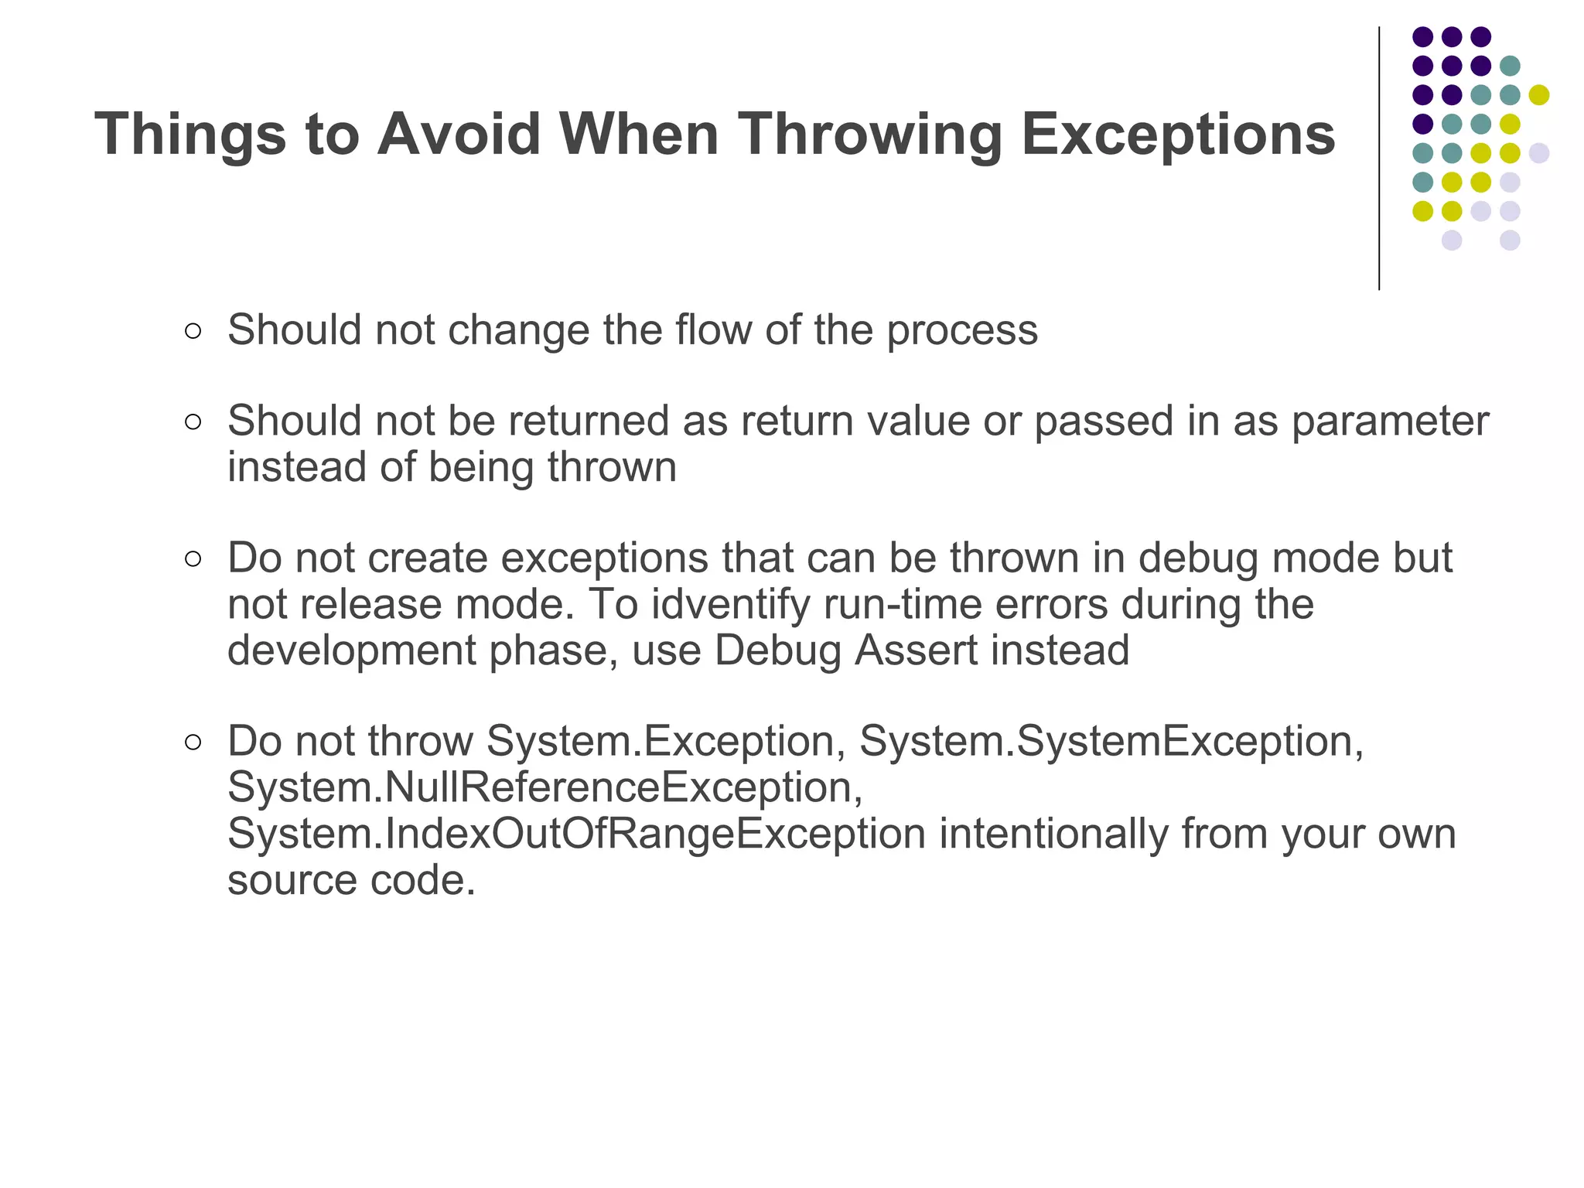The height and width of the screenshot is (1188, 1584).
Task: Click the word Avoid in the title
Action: [459, 134]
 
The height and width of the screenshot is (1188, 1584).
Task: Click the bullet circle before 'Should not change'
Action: [193, 332]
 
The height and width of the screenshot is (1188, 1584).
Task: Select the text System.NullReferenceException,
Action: [545, 787]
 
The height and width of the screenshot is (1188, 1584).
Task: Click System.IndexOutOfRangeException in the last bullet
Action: [576, 834]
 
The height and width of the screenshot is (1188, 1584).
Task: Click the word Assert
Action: [916, 650]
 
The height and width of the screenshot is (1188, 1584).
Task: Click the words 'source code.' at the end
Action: [351, 880]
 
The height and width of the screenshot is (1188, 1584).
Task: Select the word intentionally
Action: [1053, 834]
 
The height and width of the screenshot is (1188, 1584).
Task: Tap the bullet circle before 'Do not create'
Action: [193, 559]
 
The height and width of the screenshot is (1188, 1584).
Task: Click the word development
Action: [351, 650]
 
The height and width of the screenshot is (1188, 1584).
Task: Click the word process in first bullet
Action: [961, 330]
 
